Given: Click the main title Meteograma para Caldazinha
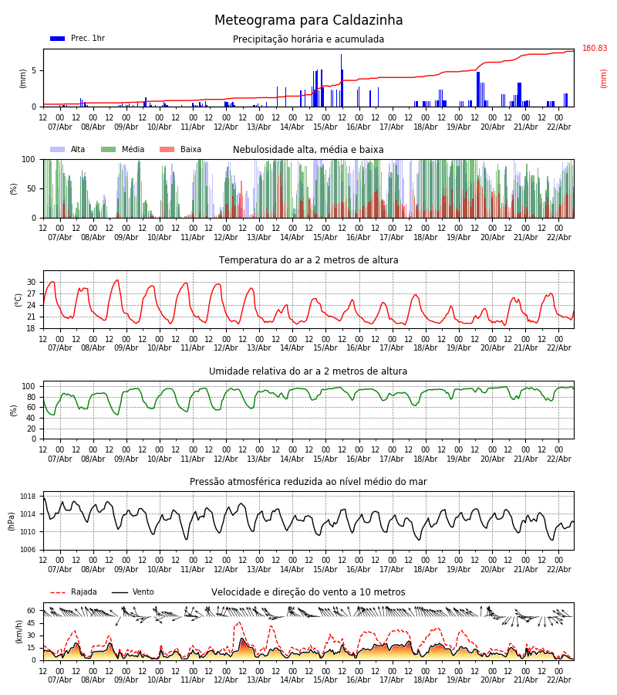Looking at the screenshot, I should click(x=308, y=21).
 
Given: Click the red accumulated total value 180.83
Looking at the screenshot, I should click(x=595, y=49).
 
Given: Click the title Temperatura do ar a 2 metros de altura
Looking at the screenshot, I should click(x=308, y=260).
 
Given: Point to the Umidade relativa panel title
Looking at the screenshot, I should click(x=308, y=371).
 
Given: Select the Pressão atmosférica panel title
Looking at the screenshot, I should click(x=308, y=482).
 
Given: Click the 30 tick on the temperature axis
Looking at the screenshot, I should click(x=32, y=282).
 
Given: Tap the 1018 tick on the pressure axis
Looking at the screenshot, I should click(x=28, y=497).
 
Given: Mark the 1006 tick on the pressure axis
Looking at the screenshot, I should click(x=28, y=550).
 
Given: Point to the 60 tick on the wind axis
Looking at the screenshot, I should click(x=32, y=610).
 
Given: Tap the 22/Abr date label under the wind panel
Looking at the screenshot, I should click(x=558, y=680).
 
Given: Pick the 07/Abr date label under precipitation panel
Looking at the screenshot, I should click(x=59, y=127).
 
